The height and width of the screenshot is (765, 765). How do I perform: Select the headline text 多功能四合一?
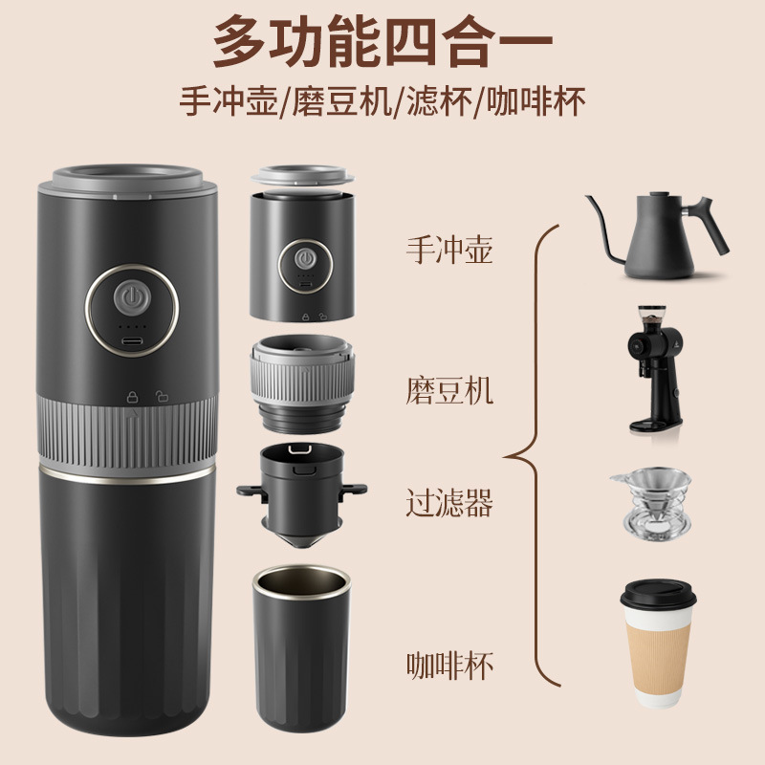coord(382,41)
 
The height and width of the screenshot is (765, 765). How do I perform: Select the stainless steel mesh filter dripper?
coord(652,502)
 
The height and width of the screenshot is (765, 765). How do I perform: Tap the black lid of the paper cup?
coord(660,595)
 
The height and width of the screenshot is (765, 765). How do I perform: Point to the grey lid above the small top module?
coord(302,178)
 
